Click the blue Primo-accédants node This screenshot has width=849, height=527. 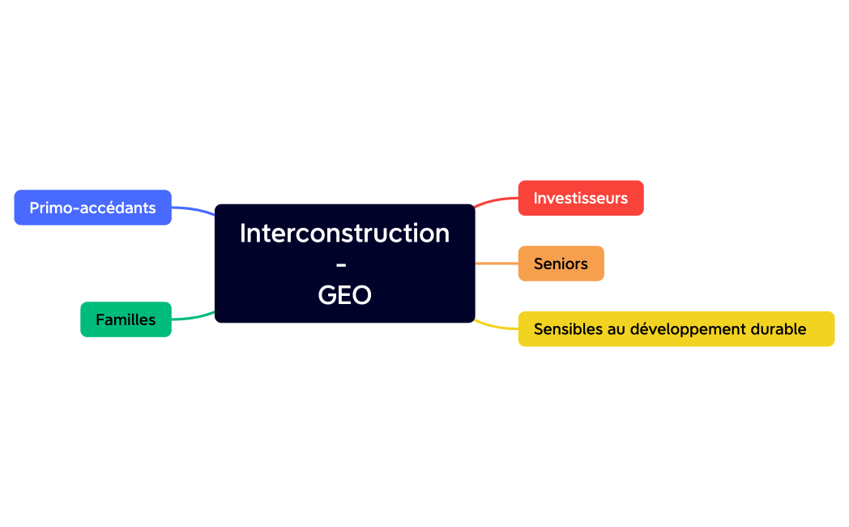[x=92, y=208]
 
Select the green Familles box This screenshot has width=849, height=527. [x=126, y=319]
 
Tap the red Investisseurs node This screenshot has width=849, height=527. [x=580, y=198]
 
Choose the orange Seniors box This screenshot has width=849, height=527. [x=561, y=263]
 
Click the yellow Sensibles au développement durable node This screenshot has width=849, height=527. [x=676, y=329]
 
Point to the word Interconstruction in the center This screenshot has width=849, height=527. [x=344, y=233]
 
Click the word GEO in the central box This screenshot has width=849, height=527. [x=344, y=295]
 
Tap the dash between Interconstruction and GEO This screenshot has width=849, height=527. [x=341, y=264]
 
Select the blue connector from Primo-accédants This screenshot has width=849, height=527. [x=193, y=209]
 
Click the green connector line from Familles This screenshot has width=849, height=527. [x=193, y=317]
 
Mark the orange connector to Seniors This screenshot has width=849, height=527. [x=496, y=263]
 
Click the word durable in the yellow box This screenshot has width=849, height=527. [x=779, y=329]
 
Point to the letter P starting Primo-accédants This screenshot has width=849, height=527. [x=34, y=208]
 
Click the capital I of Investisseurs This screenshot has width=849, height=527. [x=535, y=198]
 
